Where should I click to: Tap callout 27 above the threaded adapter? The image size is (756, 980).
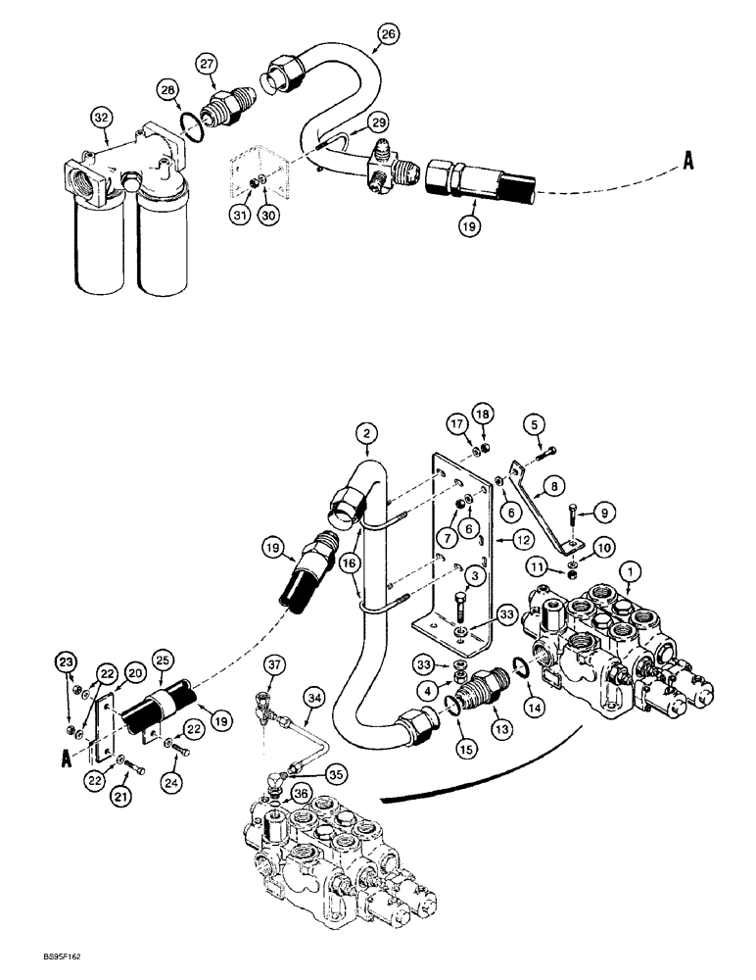pyautogui.click(x=207, y=64)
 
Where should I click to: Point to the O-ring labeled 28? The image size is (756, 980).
pyautogui.click(x=168, y=91)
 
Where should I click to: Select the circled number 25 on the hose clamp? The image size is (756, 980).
pyautogui.click(x=163, y=655)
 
